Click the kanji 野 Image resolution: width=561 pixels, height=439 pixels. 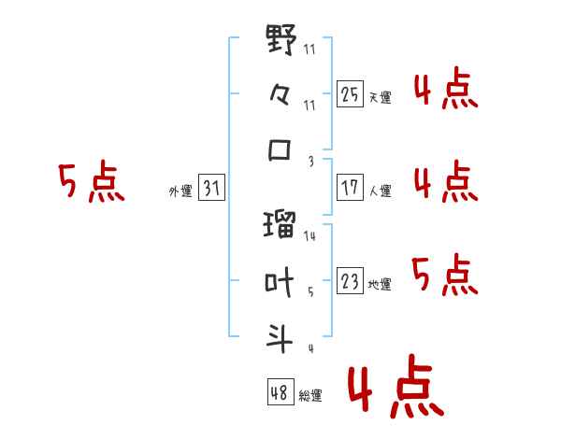pos(281,39)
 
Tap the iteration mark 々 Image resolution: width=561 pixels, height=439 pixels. pos(280,95)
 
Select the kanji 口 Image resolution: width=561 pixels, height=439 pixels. pos(280,149)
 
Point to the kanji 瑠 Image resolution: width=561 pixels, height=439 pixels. pos(280,224)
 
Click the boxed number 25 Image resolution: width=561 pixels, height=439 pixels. pos(350,93)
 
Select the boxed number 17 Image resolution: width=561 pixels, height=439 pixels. pos(350,187)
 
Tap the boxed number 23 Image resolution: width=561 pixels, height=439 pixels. pos(350,280)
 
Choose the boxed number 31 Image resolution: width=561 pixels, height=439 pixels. pos(211,187)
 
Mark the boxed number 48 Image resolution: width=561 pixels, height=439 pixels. pos(280,391)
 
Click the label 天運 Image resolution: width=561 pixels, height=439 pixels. pos(380,97)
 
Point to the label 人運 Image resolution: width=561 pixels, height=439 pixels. pos(380,191)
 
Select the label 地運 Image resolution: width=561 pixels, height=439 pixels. pos(380,284)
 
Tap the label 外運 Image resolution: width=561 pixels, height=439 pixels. pos(180,191)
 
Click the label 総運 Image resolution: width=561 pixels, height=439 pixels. pos(310,395)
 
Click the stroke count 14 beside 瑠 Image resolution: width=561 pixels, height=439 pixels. pos(309,235)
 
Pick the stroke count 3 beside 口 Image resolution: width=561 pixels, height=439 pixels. pos(311,162)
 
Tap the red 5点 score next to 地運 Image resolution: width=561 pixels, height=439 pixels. pos(445,275)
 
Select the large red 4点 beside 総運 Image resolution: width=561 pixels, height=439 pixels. pos(396,387)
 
